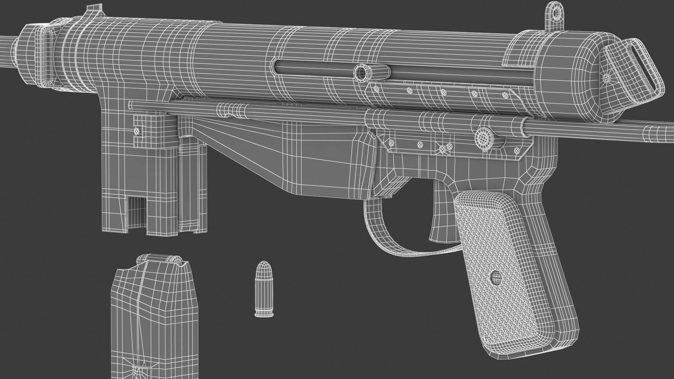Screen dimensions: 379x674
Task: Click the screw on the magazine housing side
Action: pos(137,131)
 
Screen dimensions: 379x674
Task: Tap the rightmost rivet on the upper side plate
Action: pos(504,95)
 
